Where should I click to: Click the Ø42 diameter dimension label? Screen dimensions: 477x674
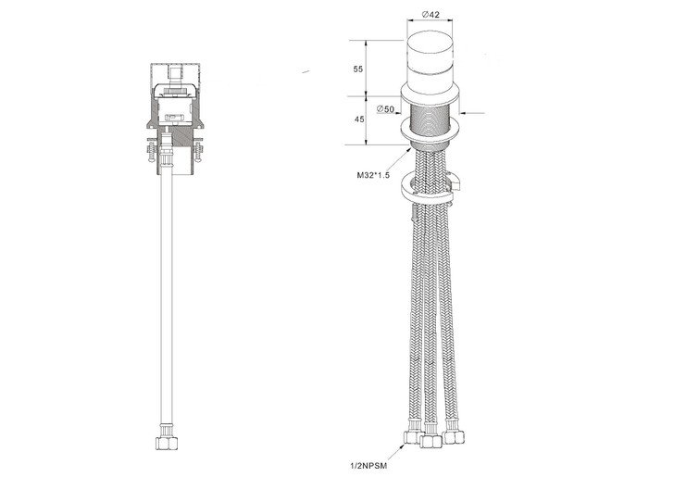430,14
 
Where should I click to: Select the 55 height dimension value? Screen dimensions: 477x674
357,69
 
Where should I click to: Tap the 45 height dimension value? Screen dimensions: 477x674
357,119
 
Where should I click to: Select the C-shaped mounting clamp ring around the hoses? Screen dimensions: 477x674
428,189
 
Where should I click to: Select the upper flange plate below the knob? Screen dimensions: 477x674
430,96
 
